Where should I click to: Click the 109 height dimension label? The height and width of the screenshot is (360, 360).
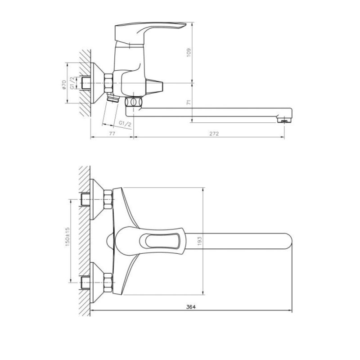[189, 53]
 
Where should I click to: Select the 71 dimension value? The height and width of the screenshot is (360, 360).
[189, 103]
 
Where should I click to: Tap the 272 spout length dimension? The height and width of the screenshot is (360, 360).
[214, 133]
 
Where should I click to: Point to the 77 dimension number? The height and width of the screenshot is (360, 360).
[112, 133]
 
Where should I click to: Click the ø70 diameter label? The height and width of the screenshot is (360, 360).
[64, 85]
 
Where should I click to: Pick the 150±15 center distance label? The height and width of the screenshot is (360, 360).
[67, 237]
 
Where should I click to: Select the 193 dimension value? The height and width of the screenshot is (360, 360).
[199, 241]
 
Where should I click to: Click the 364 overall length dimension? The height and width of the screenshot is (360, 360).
[191, 307]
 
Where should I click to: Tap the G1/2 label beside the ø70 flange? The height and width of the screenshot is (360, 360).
[72, 83]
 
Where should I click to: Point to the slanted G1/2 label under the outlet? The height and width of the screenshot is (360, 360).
[125, 123]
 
